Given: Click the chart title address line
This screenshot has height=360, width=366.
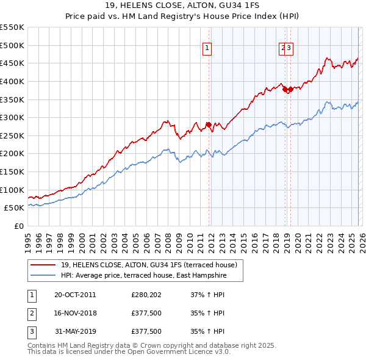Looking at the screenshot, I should [182, 6].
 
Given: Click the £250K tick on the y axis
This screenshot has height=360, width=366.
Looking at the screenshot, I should [12, 135].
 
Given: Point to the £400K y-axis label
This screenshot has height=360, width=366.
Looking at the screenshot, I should [12, 81].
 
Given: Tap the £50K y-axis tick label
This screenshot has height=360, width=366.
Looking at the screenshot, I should [15, 208].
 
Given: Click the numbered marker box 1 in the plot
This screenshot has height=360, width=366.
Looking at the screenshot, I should [207, 50].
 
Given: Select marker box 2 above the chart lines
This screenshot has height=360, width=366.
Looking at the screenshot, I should [283, 50].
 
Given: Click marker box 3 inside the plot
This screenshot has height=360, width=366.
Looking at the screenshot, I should [290, 50].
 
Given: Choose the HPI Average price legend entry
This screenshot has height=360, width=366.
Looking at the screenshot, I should [143, 276].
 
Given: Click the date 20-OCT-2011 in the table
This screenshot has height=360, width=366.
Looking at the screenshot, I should [75, 295].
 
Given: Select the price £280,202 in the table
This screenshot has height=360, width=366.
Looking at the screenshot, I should [146, 295].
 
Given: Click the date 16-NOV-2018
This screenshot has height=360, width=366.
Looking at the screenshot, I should [75, 313].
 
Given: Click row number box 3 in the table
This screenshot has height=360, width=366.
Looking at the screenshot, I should [30, 331].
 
